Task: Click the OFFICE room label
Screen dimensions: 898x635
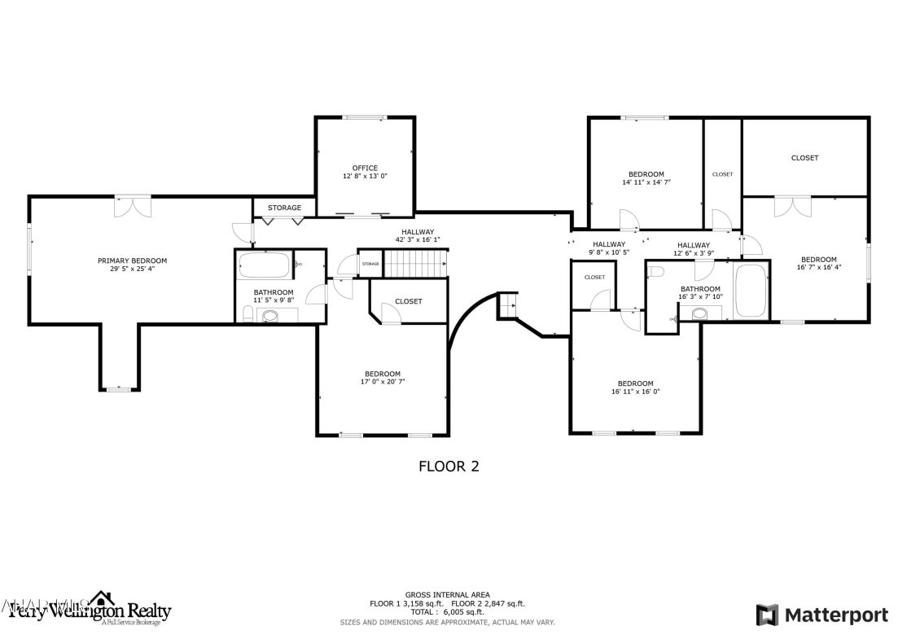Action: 365,168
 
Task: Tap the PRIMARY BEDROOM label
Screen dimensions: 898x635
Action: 132,261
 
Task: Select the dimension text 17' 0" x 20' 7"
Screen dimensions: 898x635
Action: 383,382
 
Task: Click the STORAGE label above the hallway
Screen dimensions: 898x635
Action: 284,208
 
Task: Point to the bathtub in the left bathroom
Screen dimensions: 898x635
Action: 263,265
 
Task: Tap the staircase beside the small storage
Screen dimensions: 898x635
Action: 416,263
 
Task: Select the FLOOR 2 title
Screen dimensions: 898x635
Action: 449,466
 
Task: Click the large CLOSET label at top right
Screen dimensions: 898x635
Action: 804,158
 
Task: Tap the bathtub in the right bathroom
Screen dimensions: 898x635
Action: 751,291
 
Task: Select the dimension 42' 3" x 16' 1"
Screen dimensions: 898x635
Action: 418,240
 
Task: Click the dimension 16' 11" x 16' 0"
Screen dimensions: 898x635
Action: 635,392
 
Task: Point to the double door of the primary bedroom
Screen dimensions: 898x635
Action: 132,206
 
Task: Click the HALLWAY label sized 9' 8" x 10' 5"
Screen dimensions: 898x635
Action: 609,244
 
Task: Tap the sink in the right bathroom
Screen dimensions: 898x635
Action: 699,313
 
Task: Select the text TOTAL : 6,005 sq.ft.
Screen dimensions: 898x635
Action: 447,611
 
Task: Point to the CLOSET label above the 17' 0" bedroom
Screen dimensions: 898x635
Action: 409,301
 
